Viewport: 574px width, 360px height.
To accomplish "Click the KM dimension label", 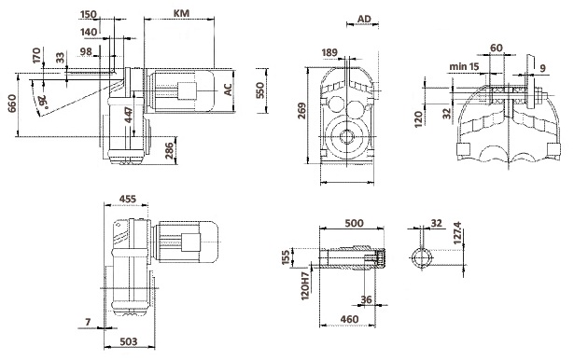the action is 181,13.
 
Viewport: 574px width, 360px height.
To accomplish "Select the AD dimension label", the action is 364,19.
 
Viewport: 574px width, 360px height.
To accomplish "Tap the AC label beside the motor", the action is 228,90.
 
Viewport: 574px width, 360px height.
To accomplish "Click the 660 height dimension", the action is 12,104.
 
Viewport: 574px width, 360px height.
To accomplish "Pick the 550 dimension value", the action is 259,90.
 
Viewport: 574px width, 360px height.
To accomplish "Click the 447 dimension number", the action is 129,115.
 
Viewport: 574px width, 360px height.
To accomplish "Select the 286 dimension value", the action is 170,151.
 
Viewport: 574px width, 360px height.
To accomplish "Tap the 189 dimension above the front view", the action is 329,52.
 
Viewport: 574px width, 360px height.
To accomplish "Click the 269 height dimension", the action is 301,111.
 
